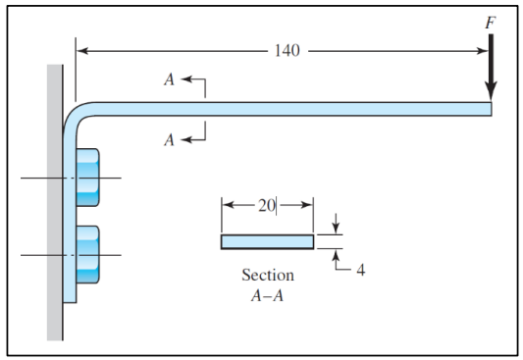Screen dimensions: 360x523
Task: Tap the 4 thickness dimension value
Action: click(359, 271)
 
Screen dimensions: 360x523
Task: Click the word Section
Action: click(268, 275)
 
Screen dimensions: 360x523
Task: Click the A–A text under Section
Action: click(268, 294)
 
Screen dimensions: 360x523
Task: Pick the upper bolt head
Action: click(86, 178)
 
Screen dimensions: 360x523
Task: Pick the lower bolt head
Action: click(86, 255)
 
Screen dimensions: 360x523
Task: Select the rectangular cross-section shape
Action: click(267, 241)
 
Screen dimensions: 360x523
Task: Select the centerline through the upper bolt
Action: click(39, 179)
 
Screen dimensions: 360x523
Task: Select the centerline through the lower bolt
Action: click(39, 255)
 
